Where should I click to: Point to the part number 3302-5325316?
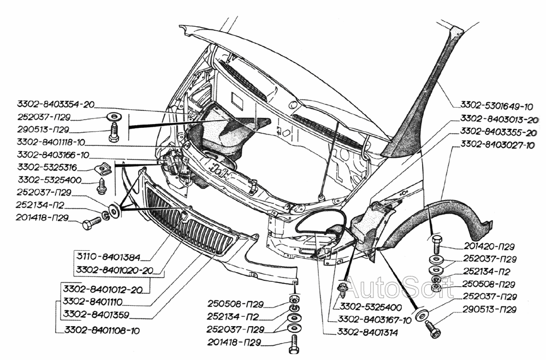click(47, 167)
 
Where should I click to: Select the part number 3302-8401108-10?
click(102, 330)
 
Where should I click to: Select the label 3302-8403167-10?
click(374, 320)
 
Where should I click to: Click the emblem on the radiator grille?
click(186, 217)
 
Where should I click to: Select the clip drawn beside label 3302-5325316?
click(105, 169)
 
